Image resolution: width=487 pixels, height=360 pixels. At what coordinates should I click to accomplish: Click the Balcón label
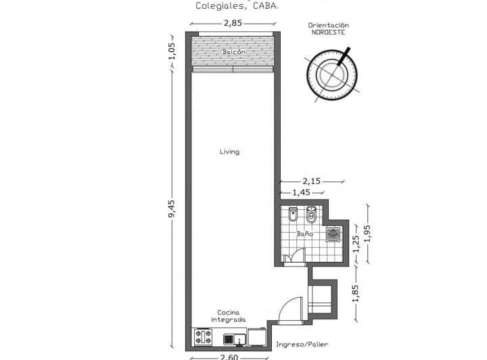233,52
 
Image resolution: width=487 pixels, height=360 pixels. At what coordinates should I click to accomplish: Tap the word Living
229,152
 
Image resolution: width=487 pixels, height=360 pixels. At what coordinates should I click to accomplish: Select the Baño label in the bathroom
304,233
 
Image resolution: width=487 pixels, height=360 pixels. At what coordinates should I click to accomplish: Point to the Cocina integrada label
227,316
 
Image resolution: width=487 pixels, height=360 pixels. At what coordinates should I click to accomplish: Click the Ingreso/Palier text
302,344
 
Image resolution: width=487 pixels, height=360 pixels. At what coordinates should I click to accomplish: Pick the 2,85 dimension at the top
233,23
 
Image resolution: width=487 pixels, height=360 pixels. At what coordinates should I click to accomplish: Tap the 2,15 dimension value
311,181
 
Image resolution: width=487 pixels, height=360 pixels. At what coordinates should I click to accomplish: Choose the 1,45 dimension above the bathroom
302,192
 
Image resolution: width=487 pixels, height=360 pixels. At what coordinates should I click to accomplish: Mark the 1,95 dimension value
367,233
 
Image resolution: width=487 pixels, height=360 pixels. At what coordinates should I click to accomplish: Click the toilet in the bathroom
311,215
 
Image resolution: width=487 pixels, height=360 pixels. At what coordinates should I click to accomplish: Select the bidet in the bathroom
293,215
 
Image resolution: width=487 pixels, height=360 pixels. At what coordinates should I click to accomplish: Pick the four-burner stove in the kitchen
203,336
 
